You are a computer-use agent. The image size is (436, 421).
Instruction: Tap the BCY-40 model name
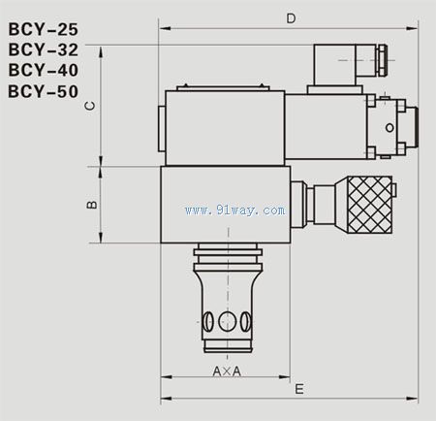[x=42, y=71]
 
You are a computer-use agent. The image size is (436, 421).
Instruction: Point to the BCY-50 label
[x=42, y=92]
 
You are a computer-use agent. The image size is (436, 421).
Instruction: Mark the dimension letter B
[x=89, y=205]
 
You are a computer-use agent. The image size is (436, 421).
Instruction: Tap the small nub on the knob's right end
[x=400, y=205]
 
